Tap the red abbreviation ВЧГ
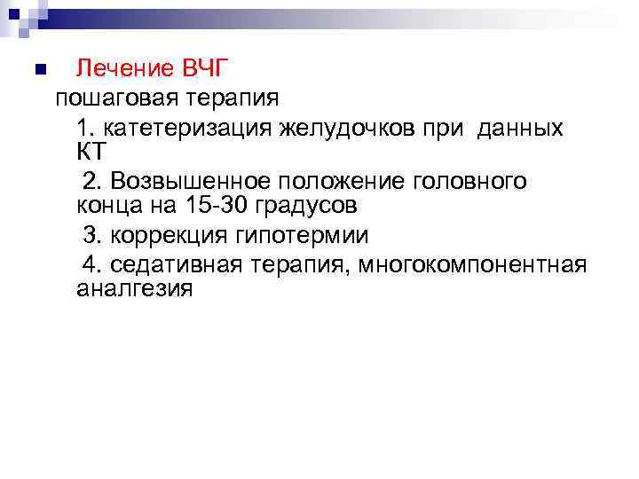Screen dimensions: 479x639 pyautogui.click(x=206, y=68)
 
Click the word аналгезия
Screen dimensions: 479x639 pyautogui.click(x=134, y=289)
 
